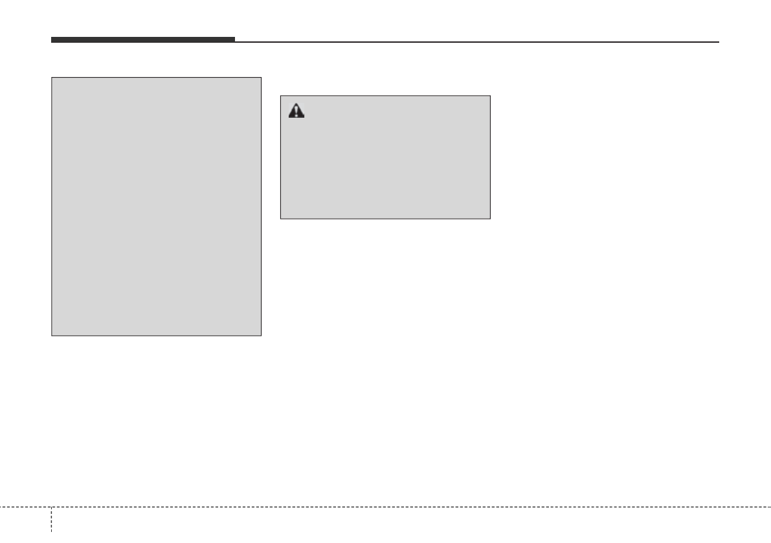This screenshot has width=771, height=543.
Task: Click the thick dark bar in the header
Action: pyautogui.click(x=143, y=40)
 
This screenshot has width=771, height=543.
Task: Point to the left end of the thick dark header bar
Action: pyautogui.click(x=52, y=40)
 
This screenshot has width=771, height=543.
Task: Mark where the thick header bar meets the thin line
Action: pyautogui.click(x=235, y=41)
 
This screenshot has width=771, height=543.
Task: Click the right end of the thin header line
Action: pyautogui.click(x=719, y=42)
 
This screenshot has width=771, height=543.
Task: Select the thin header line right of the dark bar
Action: pyautogui.click(x=476, y=42)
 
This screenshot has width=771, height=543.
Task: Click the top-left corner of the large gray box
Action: pyautogui.click(x=52, y=78)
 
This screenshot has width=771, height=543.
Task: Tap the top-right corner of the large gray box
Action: pyautogui.click(x=261, y=78)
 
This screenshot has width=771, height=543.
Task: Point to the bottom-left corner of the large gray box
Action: pyautogui.click(x=52, y=335)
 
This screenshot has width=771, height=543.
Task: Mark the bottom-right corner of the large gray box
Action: pyautogui.click(x=261, y=335)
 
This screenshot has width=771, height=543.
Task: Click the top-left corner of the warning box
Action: pyautogui.click(x=280, y=96)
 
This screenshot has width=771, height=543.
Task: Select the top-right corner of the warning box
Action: pyautogui.click(x=490, y=96)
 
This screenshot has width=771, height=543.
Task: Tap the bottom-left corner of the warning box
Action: pyautogui.click(x=280, y=218)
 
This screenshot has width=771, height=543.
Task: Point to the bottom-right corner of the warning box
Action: pyautogui.click(x=490, y=218)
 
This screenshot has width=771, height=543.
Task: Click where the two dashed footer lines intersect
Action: pyautogui.click(x=51, y=507)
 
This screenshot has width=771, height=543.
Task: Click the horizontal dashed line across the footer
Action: pyautogui.click(x=388, y=507)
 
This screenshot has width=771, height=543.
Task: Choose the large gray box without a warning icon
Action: pyautogui.click(x=156, y=207)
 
